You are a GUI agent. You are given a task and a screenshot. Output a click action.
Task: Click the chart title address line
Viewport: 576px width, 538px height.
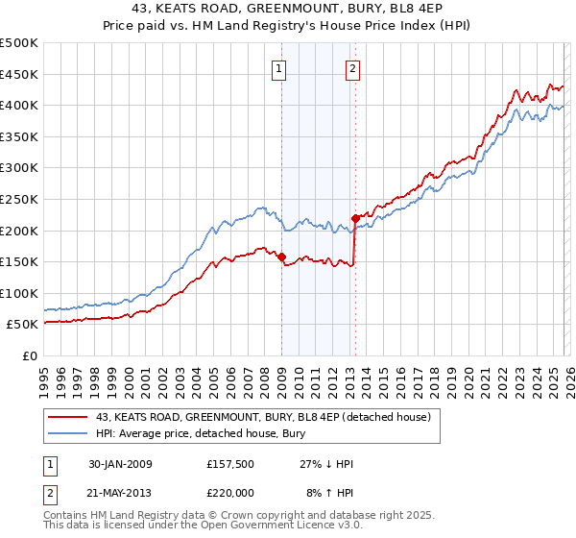pos(288,9)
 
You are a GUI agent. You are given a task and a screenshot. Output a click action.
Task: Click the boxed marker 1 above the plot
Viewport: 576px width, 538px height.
pos(279,68)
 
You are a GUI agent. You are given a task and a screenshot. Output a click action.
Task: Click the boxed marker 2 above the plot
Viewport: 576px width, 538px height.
pos(353,68)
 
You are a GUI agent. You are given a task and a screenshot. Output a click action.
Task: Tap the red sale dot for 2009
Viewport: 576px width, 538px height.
pos(281,257)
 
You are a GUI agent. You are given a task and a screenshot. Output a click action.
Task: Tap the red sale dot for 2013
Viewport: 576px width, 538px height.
pos(355,218)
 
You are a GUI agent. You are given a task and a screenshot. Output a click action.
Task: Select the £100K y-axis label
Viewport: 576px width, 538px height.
pos(19,293)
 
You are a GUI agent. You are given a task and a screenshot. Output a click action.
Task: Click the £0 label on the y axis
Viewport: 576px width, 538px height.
pos(29,356)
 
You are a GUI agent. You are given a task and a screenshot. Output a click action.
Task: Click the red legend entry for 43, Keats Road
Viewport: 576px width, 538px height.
pos(268,417)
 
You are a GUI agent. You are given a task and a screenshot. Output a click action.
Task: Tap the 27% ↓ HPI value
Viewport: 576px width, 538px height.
pos(327,464)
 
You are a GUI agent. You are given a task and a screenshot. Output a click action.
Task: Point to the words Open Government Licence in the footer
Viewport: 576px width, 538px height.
pos(288,527)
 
